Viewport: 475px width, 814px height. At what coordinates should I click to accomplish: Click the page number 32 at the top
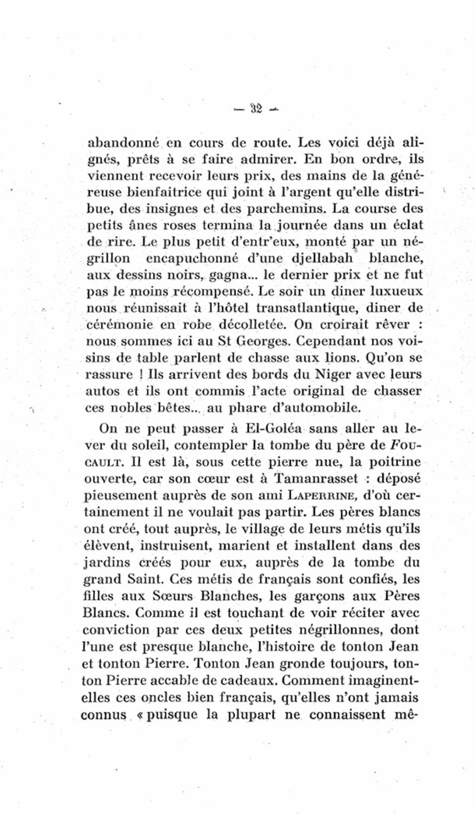tap(256, 109)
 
